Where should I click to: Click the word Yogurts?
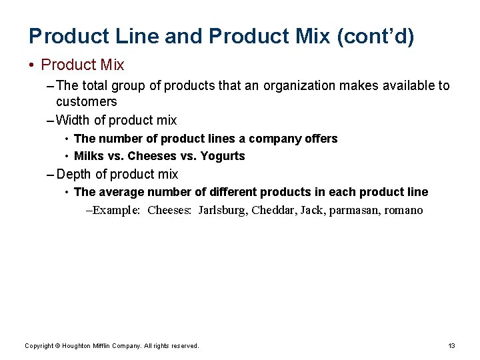[x=223, y=156]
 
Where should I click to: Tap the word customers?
[x=87, y=102]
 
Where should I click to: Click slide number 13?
[x=451, y=346]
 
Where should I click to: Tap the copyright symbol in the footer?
[x=58, y=346]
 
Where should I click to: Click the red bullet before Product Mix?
[x=31, y=65]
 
